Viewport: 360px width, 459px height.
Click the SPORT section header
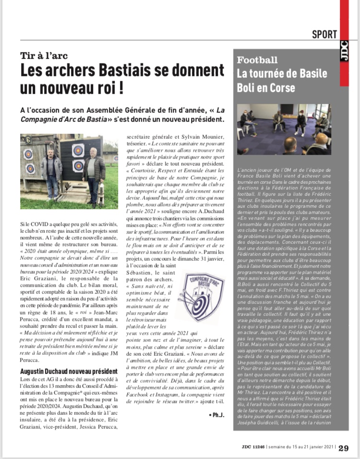(324, 35)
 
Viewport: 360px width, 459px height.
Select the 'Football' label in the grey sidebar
(257, 60)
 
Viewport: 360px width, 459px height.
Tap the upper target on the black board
(78, 150)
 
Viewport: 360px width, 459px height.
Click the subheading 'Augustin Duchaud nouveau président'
(69, 371)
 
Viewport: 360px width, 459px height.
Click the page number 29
(344, 448)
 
